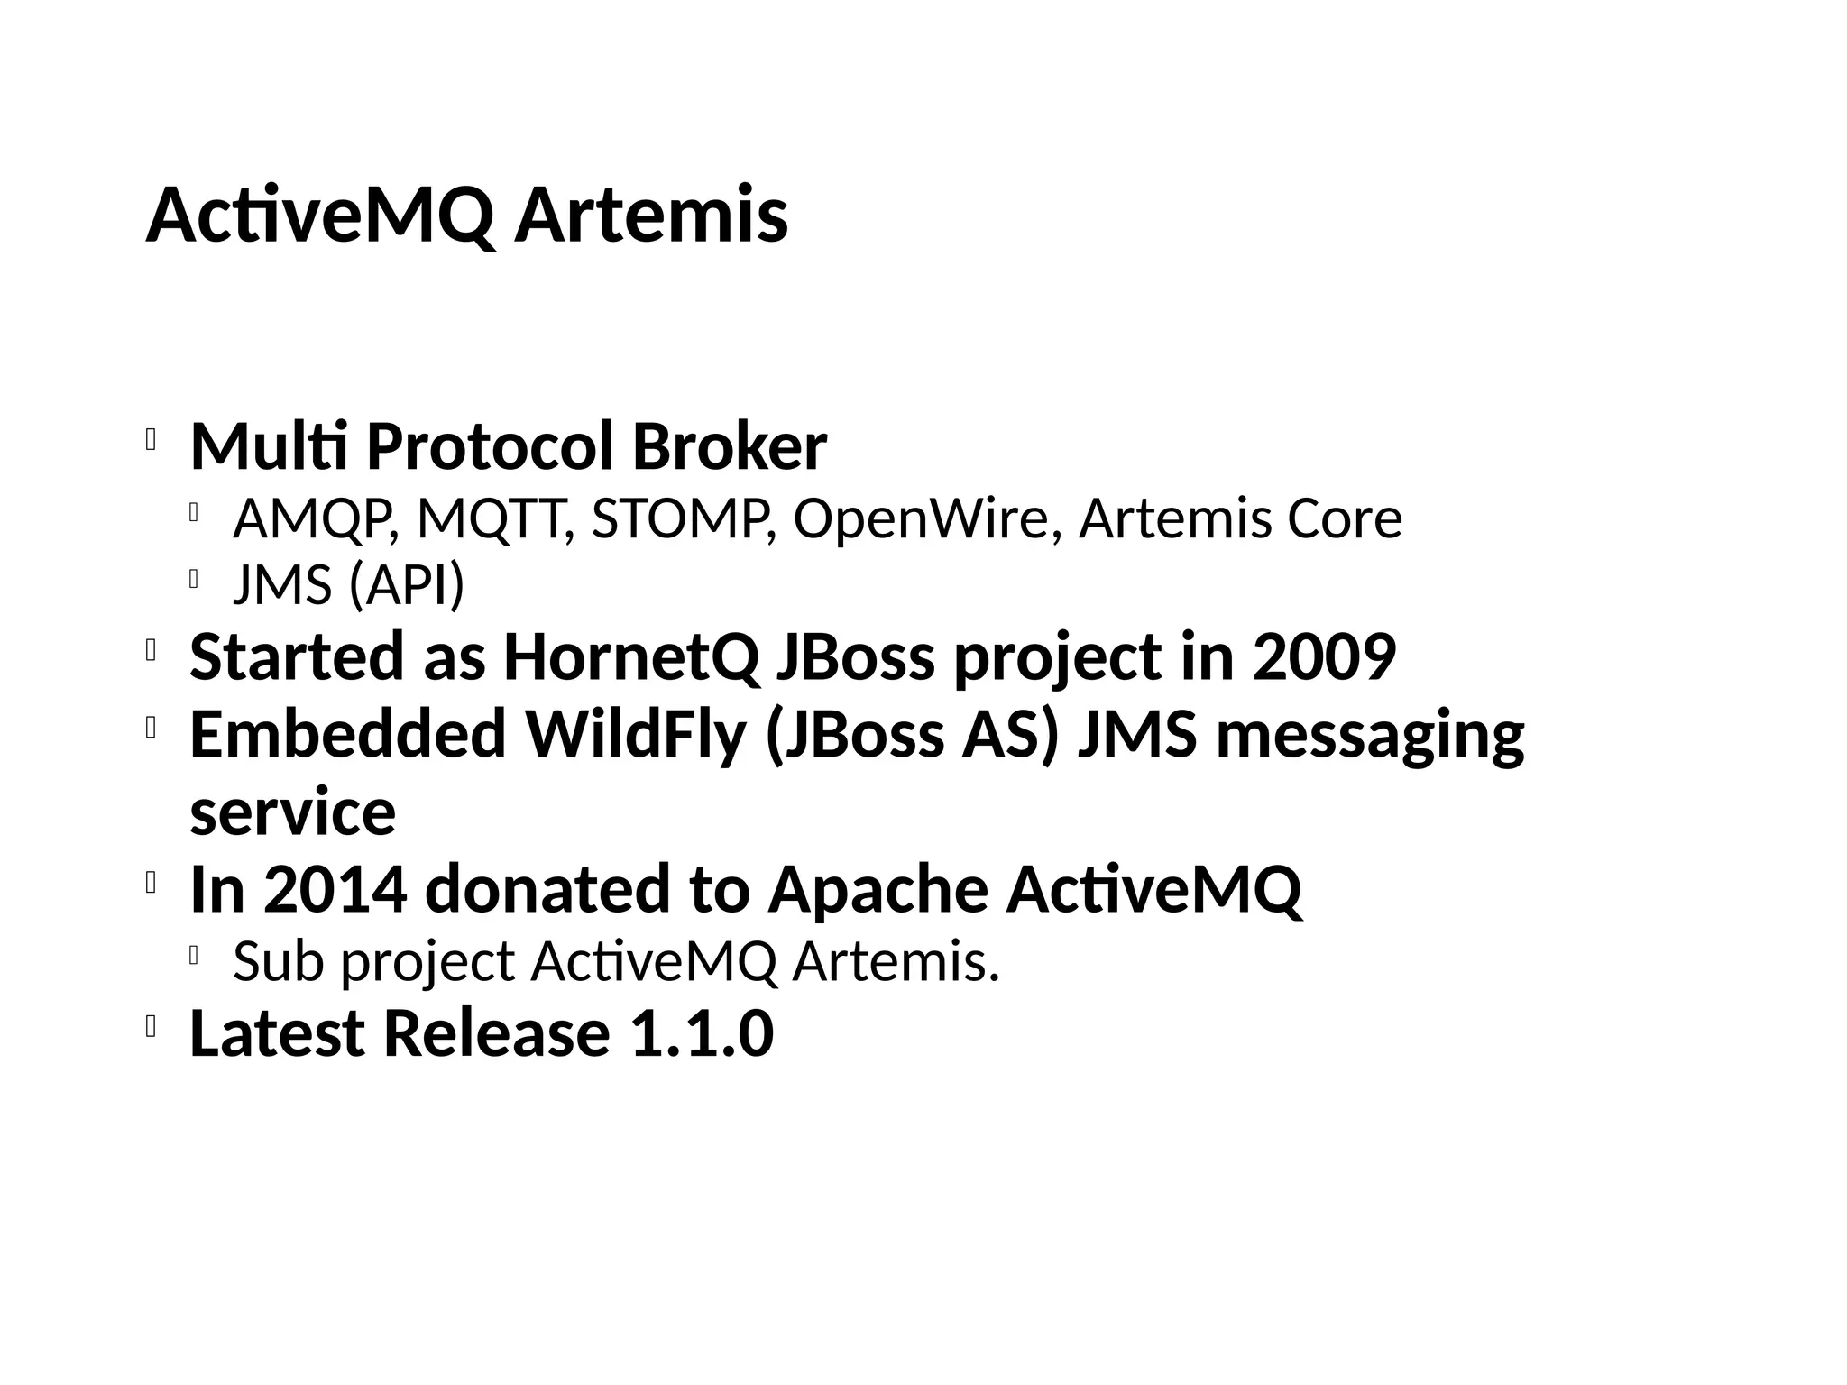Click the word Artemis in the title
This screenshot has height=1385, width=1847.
coord(651,216)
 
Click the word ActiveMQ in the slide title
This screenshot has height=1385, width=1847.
coord(321,216)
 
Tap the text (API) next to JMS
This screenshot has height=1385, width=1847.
coord(407,585)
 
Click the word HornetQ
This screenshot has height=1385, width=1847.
coord(631,657)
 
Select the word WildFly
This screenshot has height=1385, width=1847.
coord(636,735)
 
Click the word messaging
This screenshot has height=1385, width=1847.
coord(1370,735)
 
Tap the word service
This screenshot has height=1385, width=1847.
coord(292,812)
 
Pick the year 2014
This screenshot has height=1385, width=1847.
coord(335,890)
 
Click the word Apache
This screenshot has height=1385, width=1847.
coord(878,890)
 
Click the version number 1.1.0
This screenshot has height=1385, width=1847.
coord(701,1034)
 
